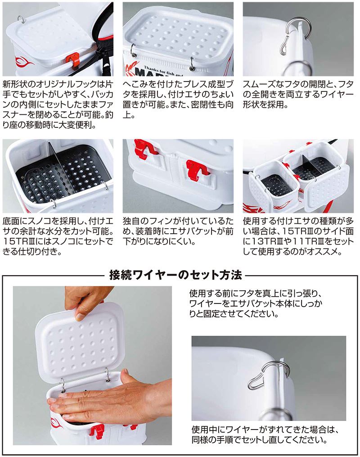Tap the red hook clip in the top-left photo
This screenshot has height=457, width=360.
pos(72,58)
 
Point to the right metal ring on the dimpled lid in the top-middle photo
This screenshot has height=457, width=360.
pos(192,63)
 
